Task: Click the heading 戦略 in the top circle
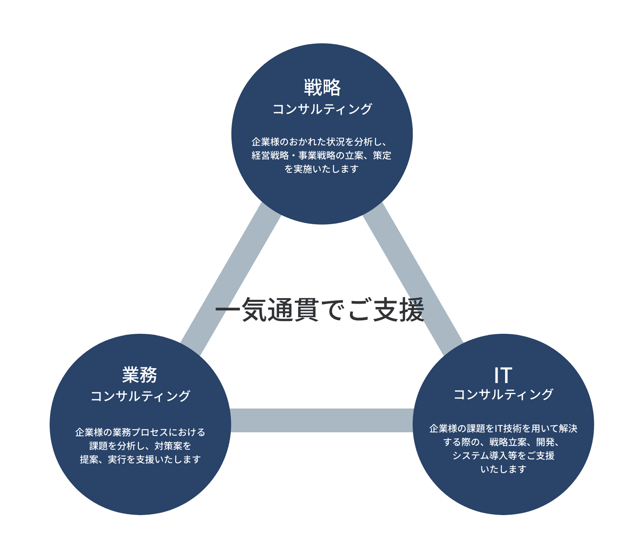(x=322, y=88)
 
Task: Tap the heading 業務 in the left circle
(x=140, y=375)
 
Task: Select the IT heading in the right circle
(x=503, y=375)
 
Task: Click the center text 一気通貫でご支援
(x=320, y=310)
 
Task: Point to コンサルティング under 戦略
(x=322, y=109)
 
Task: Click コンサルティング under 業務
(x=140, y=396)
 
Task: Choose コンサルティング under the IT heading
(x=503, y=395)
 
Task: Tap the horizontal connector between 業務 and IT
(x=321, y=420)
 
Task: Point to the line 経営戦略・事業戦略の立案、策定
(x=321, y=155)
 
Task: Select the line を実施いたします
(x=321, y=169)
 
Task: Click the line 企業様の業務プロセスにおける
(x=140, y=432)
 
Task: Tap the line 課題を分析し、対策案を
(x=140, y=446)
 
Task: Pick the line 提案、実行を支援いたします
(x=140, y=459)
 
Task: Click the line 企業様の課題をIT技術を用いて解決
(x=503, y=428)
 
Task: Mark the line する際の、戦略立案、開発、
(x=502, y=442)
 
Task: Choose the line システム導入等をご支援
(x=503, y=456)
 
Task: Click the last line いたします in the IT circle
(x=503, y=469)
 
